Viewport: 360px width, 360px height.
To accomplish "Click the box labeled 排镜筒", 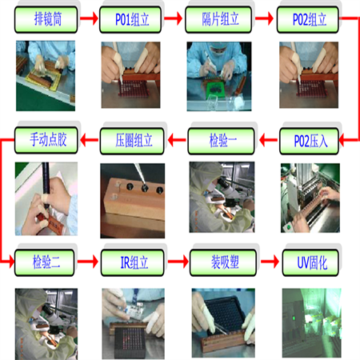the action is pyautogui.click(x=46, y=20).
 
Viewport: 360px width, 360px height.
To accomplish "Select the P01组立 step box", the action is pyautogui.click(x=130, y=20).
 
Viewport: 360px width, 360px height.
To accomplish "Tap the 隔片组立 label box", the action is pyautogui.click(x=218, y=20).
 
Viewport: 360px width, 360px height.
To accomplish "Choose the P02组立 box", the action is pyautogui.click(x=308, y=20).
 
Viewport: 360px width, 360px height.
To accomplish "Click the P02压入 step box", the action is pyautogui.click(x=310, y=141).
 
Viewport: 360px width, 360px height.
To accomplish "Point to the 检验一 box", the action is pyautogui.click(x=222, y=141).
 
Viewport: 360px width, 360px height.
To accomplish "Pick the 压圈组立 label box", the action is pyautogui.click(x=132, y=141).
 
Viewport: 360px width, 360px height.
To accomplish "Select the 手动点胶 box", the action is pyautogui.click(x=46, y=140).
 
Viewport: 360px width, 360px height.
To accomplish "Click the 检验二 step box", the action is pyautogui.click(x=45, y=262).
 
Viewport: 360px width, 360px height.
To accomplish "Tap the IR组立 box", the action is pyautogui.click(x=133, y=262).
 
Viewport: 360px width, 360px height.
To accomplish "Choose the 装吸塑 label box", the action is pyautogui.click(x=223, y=262).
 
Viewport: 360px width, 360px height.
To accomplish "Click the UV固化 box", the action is pyautogui.click(x=310, y=262).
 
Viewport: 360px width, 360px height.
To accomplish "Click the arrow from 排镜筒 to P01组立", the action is pyautogui.click(x=89, y=18).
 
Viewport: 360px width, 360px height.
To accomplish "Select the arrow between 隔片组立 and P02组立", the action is pyautogui.click(x=264, y=18).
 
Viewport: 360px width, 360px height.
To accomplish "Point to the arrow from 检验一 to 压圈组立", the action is pyautogui.click(x=177, y=140).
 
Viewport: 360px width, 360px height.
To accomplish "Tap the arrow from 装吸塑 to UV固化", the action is pyautogui.click(x=270, y=262).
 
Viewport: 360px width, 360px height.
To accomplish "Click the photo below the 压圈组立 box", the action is pyautogui.click(x=133, y=201).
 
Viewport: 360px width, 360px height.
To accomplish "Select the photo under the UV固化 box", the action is pyautogui.click(x=312, y=323).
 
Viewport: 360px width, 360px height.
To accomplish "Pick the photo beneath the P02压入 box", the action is pyautogui.click(x=310, y=198).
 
